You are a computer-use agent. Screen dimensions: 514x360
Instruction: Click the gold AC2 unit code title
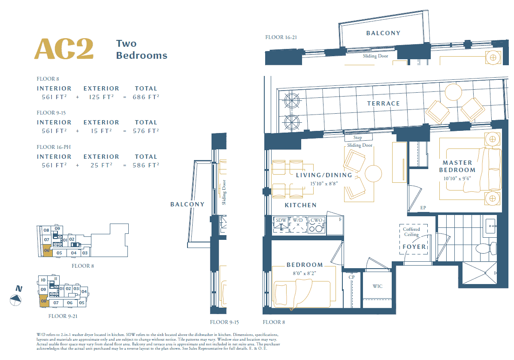coord(64,49)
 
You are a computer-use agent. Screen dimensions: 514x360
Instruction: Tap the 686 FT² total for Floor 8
coord(146,97)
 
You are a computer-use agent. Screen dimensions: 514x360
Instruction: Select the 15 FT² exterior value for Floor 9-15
coord(101,131)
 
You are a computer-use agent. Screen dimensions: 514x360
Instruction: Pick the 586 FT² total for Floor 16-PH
coord(146,165)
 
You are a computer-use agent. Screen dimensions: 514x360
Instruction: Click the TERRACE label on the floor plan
coord(384,103)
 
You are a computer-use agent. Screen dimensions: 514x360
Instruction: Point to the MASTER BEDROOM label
coord(457,166)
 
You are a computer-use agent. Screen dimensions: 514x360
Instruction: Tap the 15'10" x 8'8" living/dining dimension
coord(324,184)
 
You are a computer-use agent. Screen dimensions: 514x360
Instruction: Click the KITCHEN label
coord(301,205)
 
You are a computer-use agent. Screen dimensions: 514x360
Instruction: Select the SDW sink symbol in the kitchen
coord(281,224)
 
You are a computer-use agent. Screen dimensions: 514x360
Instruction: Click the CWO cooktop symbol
coord(316,224)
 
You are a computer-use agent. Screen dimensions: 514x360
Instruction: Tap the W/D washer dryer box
coord(298,224)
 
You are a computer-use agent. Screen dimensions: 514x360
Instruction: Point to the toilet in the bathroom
coord(487,248)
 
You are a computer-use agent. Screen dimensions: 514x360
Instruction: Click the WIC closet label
coord(378,286)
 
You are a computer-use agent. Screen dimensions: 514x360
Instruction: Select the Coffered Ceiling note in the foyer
coord(411,232)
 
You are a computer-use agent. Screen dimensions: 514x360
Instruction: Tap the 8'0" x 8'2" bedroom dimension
coord(305,273)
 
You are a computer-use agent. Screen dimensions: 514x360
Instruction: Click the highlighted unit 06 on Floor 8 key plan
coord(47,251)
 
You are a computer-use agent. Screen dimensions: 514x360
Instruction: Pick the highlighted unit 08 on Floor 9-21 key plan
coord(44,301)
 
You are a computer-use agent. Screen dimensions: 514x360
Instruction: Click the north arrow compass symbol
coord(15,299)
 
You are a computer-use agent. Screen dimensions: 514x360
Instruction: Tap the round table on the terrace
coord(454,92)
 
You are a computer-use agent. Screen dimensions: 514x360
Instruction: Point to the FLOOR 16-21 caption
coord(281,37)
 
